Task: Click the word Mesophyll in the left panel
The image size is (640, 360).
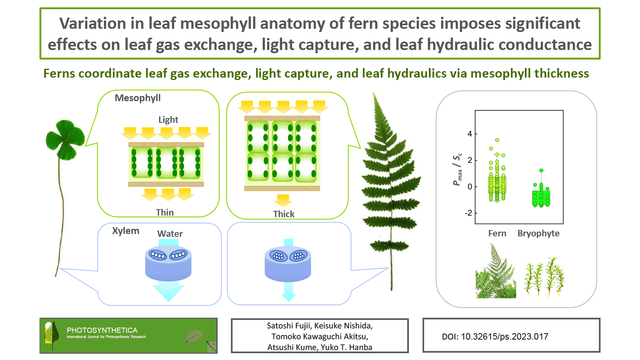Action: [x=138, y=98]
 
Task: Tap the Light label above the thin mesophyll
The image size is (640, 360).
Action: [x=168, y=120]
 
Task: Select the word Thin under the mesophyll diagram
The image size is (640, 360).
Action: [x=165, y=212]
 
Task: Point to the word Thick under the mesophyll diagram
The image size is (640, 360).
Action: [x=284, y=214]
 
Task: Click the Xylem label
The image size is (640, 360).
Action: [x=126, y=231]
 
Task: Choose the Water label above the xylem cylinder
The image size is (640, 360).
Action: [x=170, y=234]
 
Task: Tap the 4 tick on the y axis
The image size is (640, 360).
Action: [x=470, y=134]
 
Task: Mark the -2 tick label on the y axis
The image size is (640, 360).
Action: [x=468, y=213]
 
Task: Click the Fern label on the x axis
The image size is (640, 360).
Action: [x=497, y=233]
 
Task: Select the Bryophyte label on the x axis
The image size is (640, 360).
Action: [x=538, y=233]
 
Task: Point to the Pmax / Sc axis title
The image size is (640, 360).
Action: [x=457, y=170]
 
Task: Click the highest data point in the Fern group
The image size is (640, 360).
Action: [x=497, y=140]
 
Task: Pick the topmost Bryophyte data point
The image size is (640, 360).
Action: [x=541, y=170]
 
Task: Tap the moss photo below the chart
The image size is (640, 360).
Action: [x=545, y=278]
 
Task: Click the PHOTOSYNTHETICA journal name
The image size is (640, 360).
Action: [x=102, y=330]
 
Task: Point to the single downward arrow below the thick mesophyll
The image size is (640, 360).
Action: [x=283, y=200]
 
